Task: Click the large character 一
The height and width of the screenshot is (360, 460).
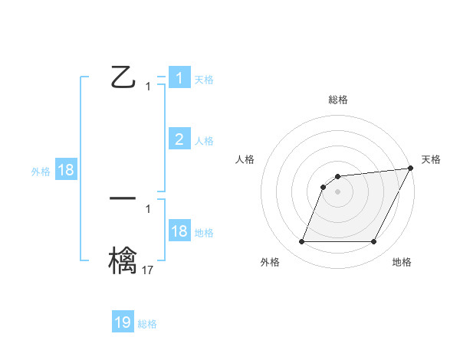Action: click(x=123, y=197)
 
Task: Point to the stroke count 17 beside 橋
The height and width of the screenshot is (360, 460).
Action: click(x=148, y=270)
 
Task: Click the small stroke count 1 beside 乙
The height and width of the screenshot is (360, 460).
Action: click(x=148, y=87)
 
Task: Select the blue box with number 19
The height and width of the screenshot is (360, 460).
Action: click(x=123, y=322)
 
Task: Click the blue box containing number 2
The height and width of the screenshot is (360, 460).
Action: click(x=179, y=139)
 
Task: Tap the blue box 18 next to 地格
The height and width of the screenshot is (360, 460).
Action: click(x=179, y=231)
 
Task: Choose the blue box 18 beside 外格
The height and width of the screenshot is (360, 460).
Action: click(x=66, y=170)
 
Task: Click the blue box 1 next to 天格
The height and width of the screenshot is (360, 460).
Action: click(x=179, y=78)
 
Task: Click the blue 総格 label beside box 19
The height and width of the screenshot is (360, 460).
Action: click(x=147, y=324)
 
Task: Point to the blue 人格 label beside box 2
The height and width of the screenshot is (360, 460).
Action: click(x=204, y=141)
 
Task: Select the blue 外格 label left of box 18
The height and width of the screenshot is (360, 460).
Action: click(x=41, y=172)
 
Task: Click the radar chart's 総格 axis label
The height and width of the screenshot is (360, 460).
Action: click(x=338, y=100)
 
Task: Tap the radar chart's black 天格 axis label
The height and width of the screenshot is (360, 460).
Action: click(x=432, y=159)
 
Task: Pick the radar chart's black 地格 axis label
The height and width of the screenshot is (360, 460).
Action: click(x=402, y=262)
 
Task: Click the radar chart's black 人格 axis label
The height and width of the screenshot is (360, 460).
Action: click(x=245, y=159)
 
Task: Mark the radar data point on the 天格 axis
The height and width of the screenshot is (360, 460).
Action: click(x=411, y=168)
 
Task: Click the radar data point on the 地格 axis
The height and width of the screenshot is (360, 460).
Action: click(x=374, y=242)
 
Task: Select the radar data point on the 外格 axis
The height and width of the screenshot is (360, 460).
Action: click(x=301, y=242)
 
